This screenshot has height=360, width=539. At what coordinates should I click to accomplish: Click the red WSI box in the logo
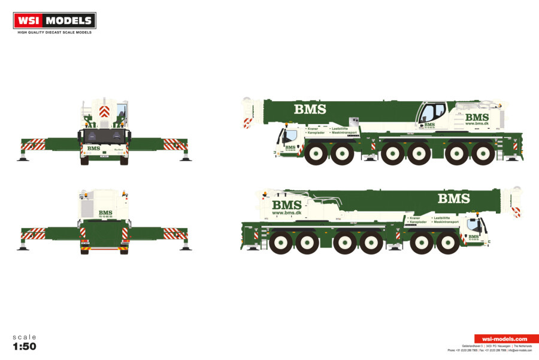pos(29,20)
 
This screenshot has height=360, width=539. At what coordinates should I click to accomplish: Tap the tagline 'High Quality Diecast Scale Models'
pos(54,32)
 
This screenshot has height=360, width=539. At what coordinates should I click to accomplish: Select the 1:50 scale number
pos(24,347)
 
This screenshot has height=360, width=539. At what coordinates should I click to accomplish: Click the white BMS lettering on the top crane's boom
pos(310,109)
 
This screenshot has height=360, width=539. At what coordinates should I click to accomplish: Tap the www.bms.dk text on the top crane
pos(477,124)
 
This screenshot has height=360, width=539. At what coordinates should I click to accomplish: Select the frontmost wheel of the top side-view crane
pos(316,154)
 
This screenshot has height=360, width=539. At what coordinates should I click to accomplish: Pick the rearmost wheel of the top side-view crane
pos(482,154)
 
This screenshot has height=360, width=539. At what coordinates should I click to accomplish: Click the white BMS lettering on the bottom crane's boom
pos(453,198)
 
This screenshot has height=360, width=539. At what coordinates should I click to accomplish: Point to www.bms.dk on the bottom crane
pos(286,213)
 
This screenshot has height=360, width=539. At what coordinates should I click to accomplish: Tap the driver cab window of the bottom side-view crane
pos(473,225)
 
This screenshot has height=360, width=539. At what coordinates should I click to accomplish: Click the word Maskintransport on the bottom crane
pos(445,222)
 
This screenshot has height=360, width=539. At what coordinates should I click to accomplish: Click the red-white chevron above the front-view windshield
pos(104,112)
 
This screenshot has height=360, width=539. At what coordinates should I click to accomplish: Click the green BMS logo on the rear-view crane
pos(105,213)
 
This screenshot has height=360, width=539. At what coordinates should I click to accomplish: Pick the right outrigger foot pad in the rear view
pos(186,247)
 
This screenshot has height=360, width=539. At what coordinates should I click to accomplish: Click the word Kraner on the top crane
pos(313,128)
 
